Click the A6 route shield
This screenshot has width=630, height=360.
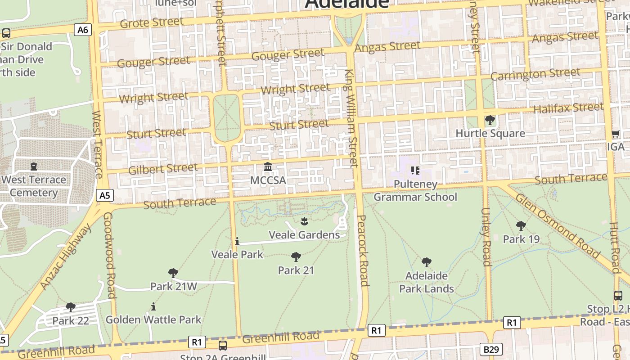point(83,30)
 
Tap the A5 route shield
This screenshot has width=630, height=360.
point(104,195)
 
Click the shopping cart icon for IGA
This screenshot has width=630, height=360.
point(615,134)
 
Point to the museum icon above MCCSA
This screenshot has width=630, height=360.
point(268,167)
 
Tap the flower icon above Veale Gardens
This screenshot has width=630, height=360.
point(304,221)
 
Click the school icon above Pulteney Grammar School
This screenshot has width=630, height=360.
point(415,171)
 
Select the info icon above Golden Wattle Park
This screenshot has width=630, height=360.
point(153,306)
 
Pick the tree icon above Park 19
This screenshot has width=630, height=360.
point(521,225)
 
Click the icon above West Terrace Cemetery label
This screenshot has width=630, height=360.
point(34,166)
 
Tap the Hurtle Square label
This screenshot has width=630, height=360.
point(490,133)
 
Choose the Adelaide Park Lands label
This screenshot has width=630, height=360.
point(426,282)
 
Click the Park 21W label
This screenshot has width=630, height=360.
point(173,287)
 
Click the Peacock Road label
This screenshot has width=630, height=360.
point(363,250)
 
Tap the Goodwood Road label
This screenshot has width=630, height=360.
point(110,255)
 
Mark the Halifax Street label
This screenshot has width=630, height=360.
point(568,108)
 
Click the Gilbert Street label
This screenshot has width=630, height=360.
point(163,169)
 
